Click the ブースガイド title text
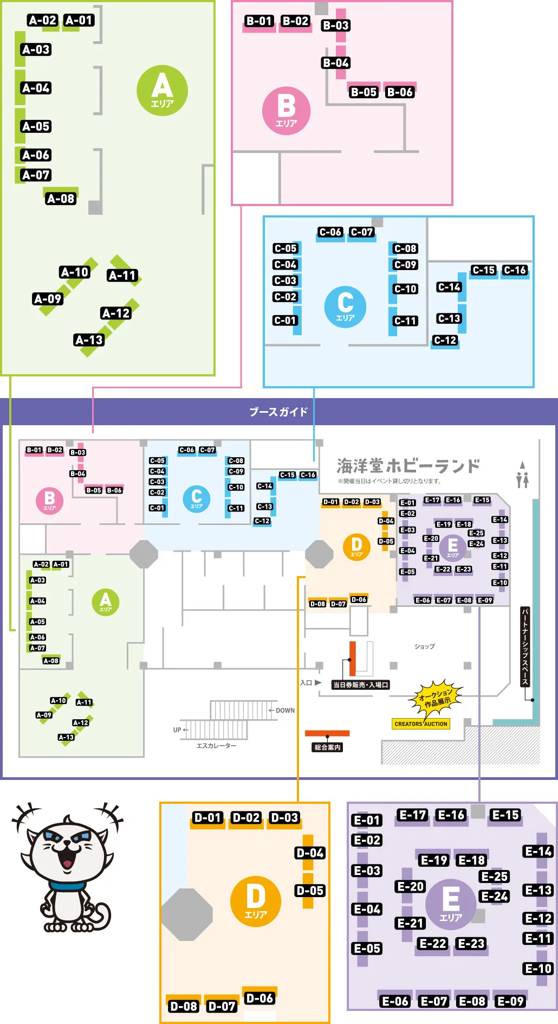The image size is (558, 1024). [x=278, y=412]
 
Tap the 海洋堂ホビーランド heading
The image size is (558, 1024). [x=408, y=466]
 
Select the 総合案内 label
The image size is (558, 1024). [x=327, y=747]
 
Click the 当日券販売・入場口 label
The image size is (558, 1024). [x=360, y=685]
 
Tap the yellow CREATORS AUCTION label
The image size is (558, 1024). [x=421, y=724]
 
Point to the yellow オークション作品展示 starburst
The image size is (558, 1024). [x=435, y=697]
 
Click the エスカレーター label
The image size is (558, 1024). [x=216, y=746]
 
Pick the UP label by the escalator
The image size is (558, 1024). [x=177, y=730]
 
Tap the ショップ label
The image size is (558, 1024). [x=424, y=647]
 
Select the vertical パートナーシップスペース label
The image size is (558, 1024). [x=524, y=647]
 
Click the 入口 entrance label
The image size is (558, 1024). [x=306, y=683]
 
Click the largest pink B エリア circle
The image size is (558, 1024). [x=286, y=111]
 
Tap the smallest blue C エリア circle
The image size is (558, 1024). [x=196, y=498]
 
